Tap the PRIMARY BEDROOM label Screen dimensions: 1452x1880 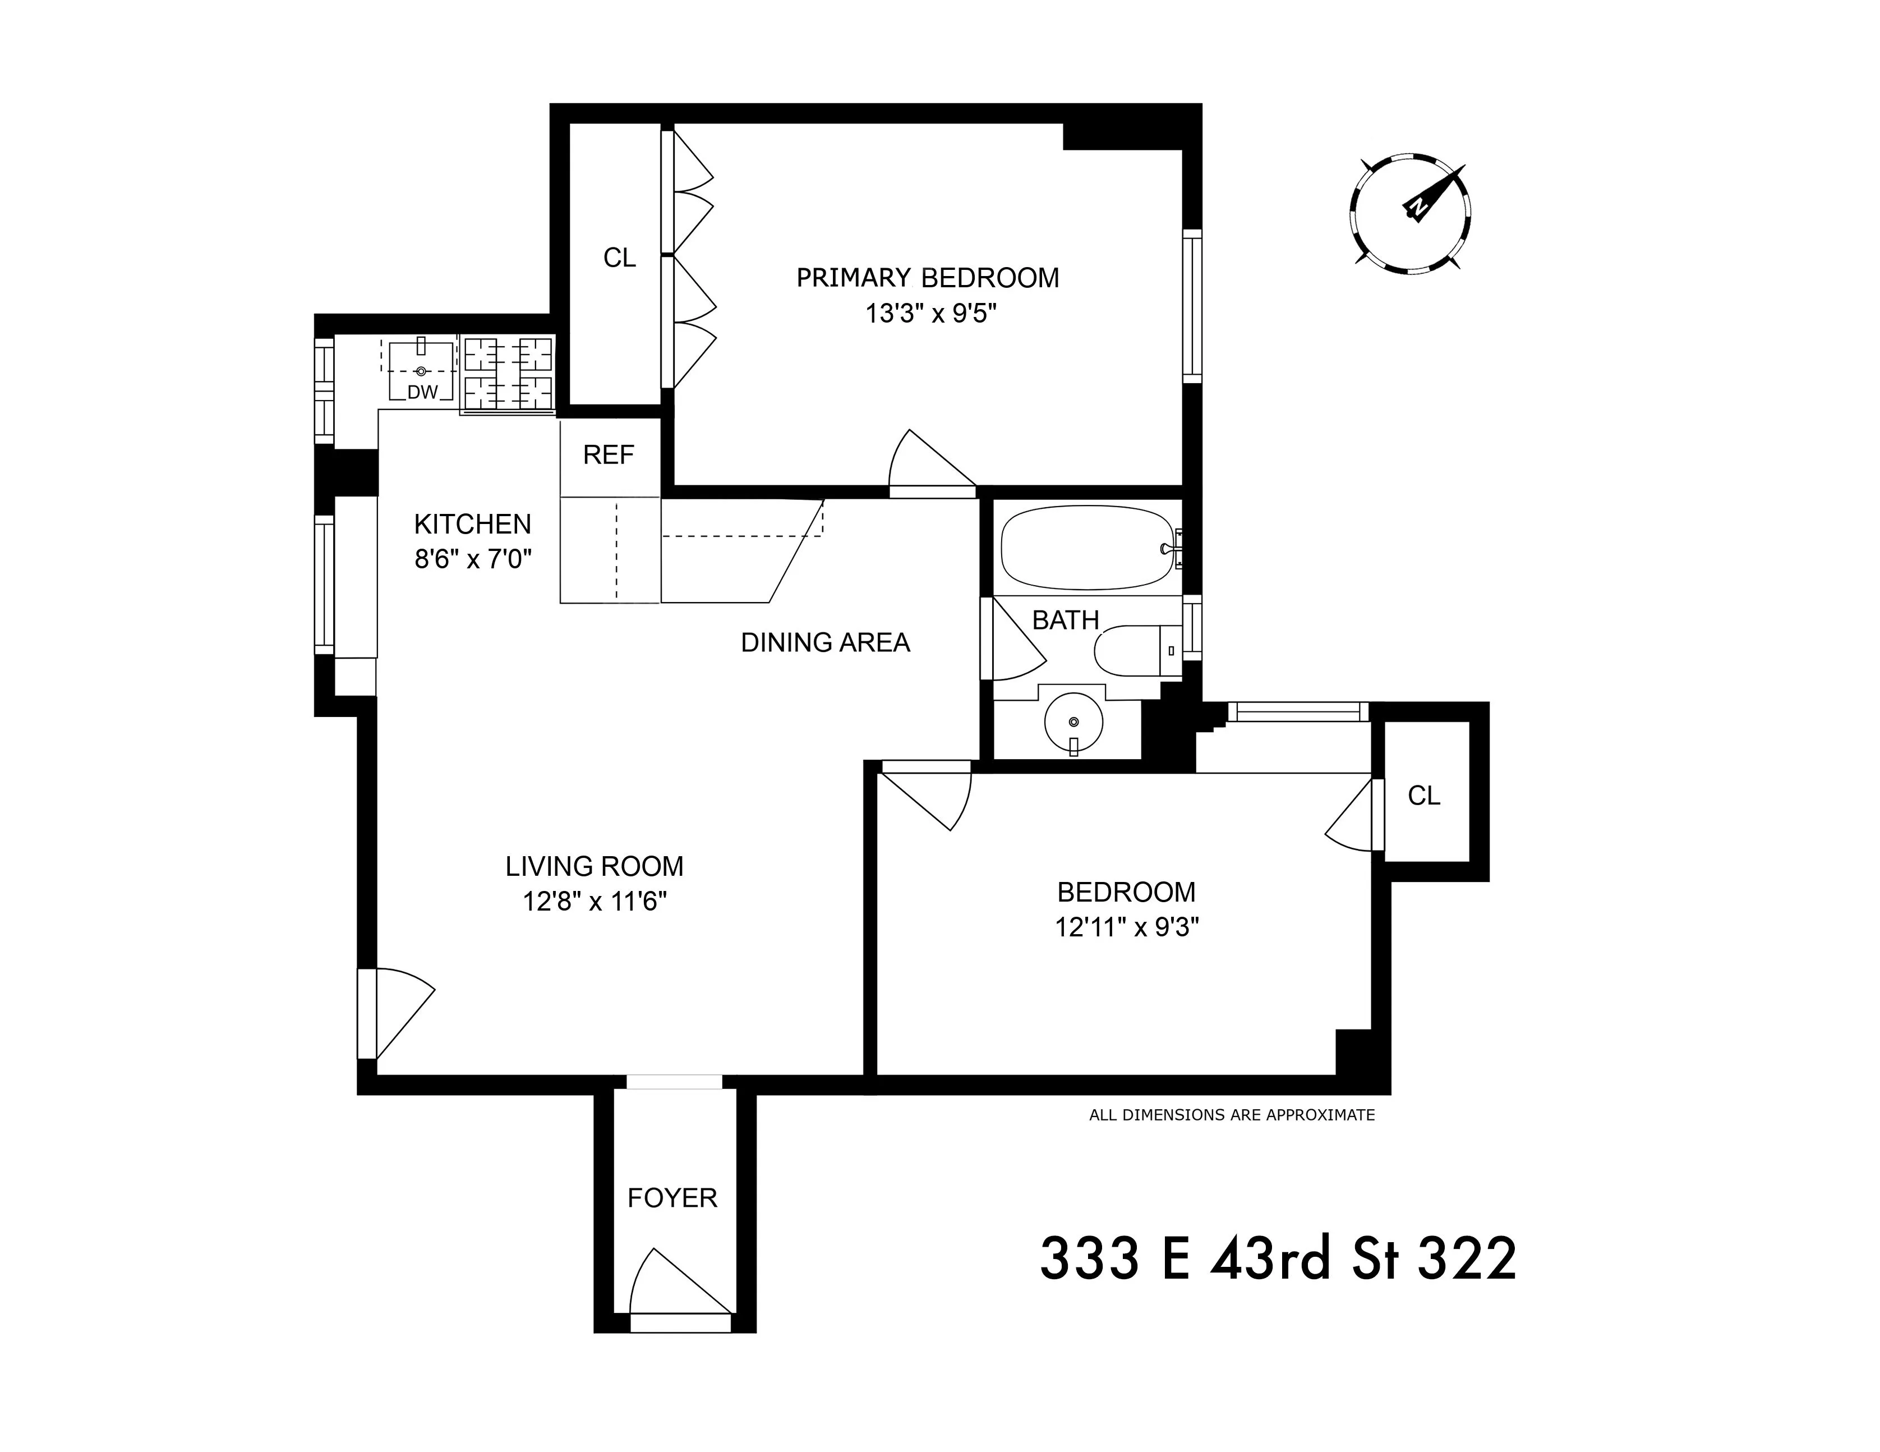927,278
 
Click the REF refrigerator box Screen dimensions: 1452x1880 609,456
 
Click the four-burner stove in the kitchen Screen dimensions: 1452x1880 508,373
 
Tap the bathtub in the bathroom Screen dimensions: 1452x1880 1086,548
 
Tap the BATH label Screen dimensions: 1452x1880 1065,620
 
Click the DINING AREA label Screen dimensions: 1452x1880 824,642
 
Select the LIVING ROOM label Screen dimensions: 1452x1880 594,866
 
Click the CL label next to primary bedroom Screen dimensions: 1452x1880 619,258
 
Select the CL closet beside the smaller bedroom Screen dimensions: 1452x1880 1424,796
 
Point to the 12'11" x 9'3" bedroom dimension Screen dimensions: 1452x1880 1127,927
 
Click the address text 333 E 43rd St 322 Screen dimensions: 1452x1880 1278,1259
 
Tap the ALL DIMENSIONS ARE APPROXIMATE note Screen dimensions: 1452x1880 1231,1115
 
